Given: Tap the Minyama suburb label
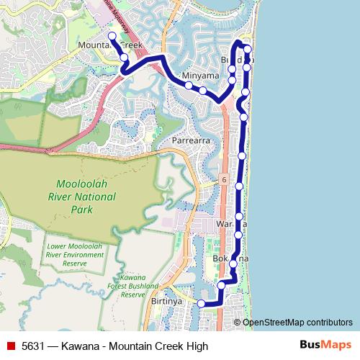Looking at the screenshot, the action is pos(200,75).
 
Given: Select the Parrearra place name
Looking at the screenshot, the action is pos(192,140).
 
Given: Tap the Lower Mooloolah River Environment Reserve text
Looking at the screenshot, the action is pos(76,255).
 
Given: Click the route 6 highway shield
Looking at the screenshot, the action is pos(225,179).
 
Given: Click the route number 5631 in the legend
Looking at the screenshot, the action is pos(34,346).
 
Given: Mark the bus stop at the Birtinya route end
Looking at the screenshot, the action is pos(202,304).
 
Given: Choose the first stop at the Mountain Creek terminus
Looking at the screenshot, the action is pos(112,35).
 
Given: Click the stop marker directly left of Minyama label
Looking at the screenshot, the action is pos(189,86).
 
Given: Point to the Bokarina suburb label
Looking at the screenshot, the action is pos(230,258).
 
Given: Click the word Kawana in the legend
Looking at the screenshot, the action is pos(78,346).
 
